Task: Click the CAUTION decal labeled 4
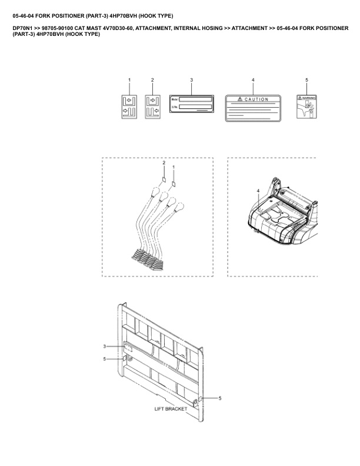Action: (x=253, y=107)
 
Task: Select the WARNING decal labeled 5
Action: (x=306, y=106)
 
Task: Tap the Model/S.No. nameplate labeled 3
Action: (x=191, y=104)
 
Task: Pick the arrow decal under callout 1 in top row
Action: (x=129, y=106)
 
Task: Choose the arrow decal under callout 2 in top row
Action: (x=152, y=106)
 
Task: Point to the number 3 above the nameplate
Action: (x=191, y=79)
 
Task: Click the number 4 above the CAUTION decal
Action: (x=253, y=79)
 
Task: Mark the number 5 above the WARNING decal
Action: (x=306, y=79)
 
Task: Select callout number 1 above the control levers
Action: (x=173, y=168)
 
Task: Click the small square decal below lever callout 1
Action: (x=174, y=182)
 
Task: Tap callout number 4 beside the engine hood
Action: (x=258, y=191)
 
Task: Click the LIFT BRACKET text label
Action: (x=171, y=408)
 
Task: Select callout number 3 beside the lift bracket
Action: (x=105, y=346)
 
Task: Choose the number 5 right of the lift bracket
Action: (x=220, y=398)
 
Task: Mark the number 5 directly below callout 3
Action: (x=105, y=359)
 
